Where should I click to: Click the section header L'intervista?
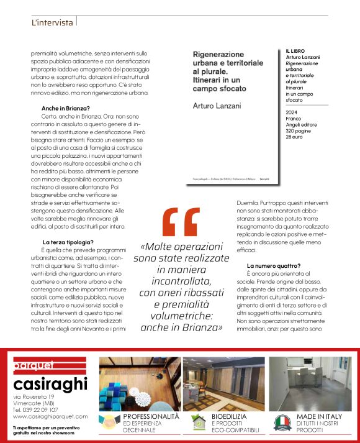pyautogui.click(x=52, y=23)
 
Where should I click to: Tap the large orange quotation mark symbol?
pyautogui.click(x=181, y=222)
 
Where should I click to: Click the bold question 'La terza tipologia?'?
pyautogui.click(x=68, y=242)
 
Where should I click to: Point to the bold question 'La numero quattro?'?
pyautogui.click(x=270, y=265)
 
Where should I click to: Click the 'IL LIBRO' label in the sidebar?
pyautogui.click(x=295, y=50)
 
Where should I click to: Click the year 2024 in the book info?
pyautogui.click(x=292, y=112)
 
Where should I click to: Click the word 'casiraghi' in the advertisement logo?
pyautogui.click(x=50, y=383)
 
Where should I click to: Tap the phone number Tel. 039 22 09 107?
pyautogui.click(x=37, y=409)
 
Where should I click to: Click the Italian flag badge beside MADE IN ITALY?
pyautogui.click(x=283, y=422)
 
